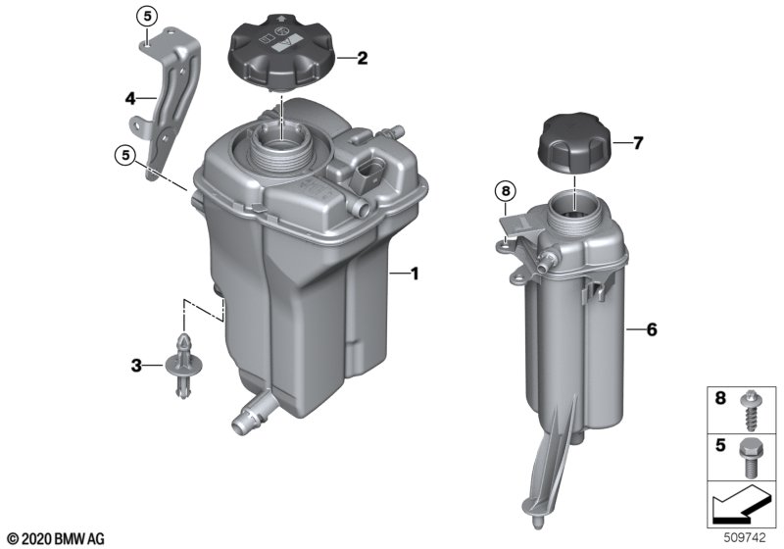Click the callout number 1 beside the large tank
pos(414,274)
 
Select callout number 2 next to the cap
pos(362,58)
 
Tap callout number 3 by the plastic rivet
pos(136,366)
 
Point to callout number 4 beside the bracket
pos(130,98)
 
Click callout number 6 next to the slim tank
pos(652,329)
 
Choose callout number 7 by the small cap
pos(638,143)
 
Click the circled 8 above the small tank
pos(506,190)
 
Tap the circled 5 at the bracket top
pos(147,17)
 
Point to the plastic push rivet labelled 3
pos(184,365)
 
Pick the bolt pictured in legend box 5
pos(749,458)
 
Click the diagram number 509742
pos(745,538)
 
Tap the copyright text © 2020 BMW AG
pos(56,539)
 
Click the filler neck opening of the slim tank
pos(575,208)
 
